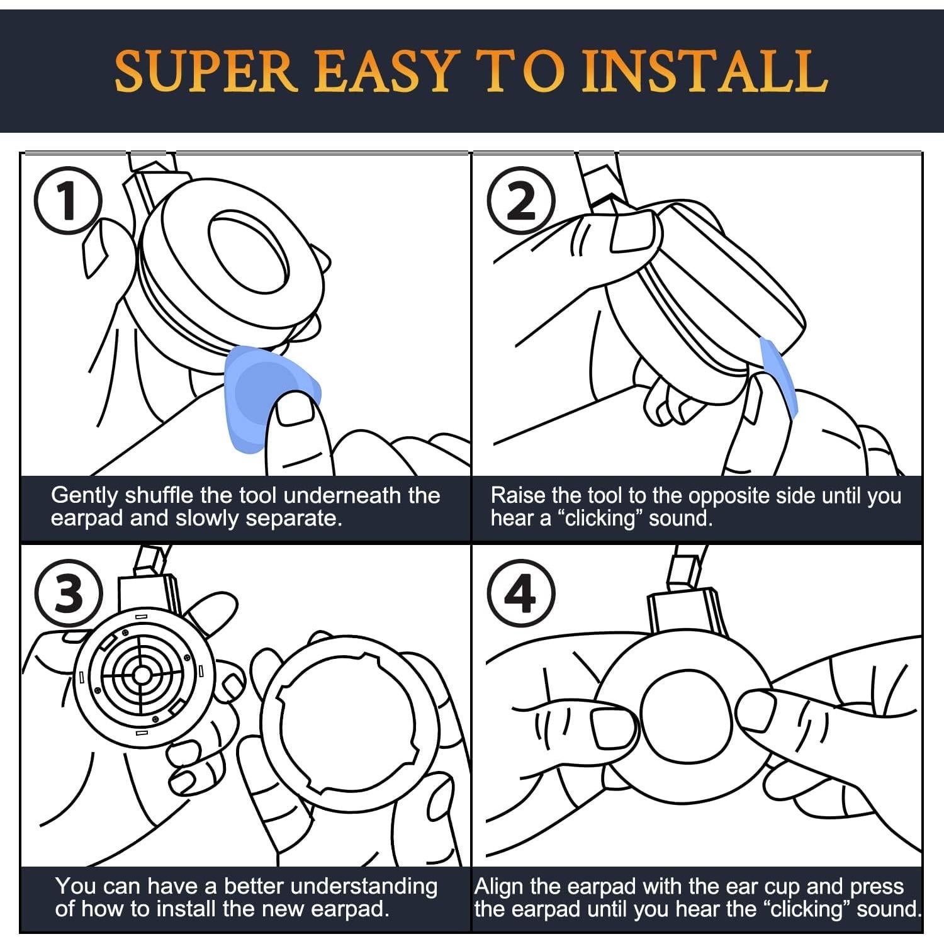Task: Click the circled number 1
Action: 67,201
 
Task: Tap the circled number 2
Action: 522,201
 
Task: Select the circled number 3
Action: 69,593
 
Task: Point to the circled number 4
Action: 522,593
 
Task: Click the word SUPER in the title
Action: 205,71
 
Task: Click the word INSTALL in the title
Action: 704,71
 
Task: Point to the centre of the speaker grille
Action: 142,675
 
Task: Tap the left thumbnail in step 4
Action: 614,729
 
